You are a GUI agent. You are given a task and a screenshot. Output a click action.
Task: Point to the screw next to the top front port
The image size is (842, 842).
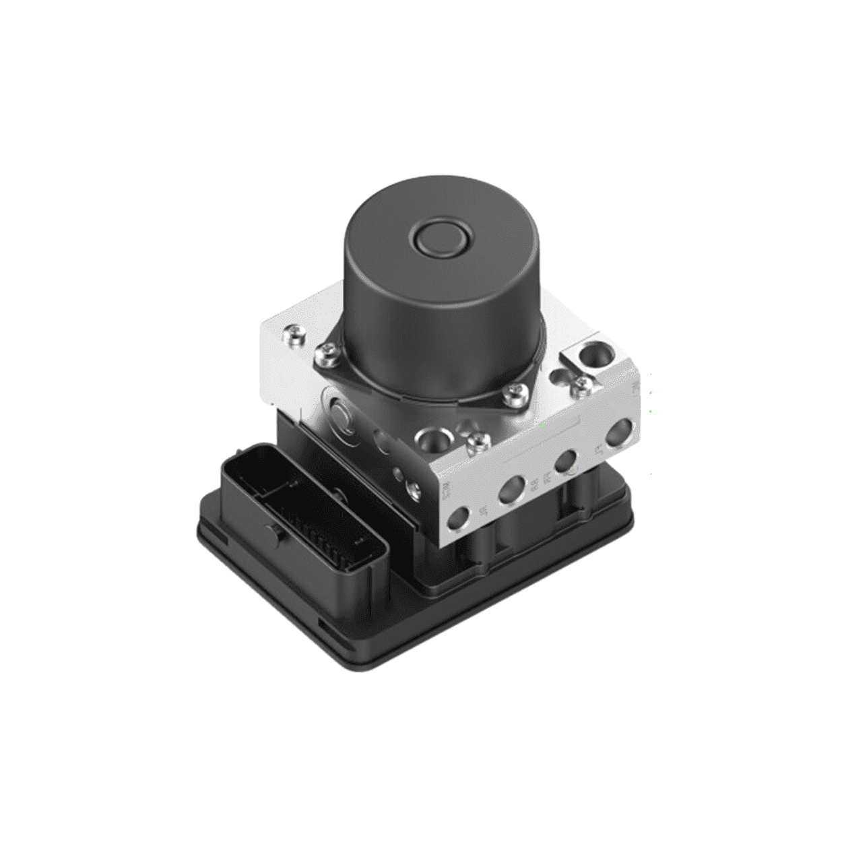pos(478,442)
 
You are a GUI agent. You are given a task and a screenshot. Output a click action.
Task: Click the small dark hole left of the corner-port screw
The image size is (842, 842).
pos(558,377)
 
